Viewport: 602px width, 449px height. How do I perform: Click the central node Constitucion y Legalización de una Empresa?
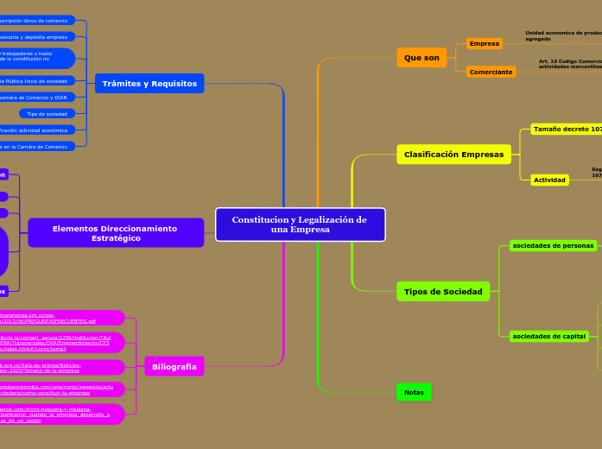300,224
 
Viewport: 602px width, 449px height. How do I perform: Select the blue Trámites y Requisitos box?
149,84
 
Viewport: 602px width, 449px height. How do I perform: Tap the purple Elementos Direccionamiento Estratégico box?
116,233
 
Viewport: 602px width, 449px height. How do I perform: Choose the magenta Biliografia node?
174,366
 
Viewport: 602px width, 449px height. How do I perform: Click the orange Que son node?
421,58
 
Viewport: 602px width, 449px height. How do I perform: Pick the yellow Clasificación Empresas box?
453,155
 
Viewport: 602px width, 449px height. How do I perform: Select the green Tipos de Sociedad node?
443,292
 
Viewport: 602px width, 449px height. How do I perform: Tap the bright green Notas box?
414,392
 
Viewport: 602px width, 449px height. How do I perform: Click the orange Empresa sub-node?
484,43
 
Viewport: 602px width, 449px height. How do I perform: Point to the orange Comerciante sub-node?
491,72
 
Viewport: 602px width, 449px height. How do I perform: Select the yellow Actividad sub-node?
549,180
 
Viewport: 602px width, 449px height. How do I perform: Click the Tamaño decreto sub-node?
567,130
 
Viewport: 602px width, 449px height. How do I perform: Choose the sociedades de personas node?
553,245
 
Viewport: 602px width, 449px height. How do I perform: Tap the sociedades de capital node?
548,336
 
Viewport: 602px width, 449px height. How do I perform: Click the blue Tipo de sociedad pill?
47,113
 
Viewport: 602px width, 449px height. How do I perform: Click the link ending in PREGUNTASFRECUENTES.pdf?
52,318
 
